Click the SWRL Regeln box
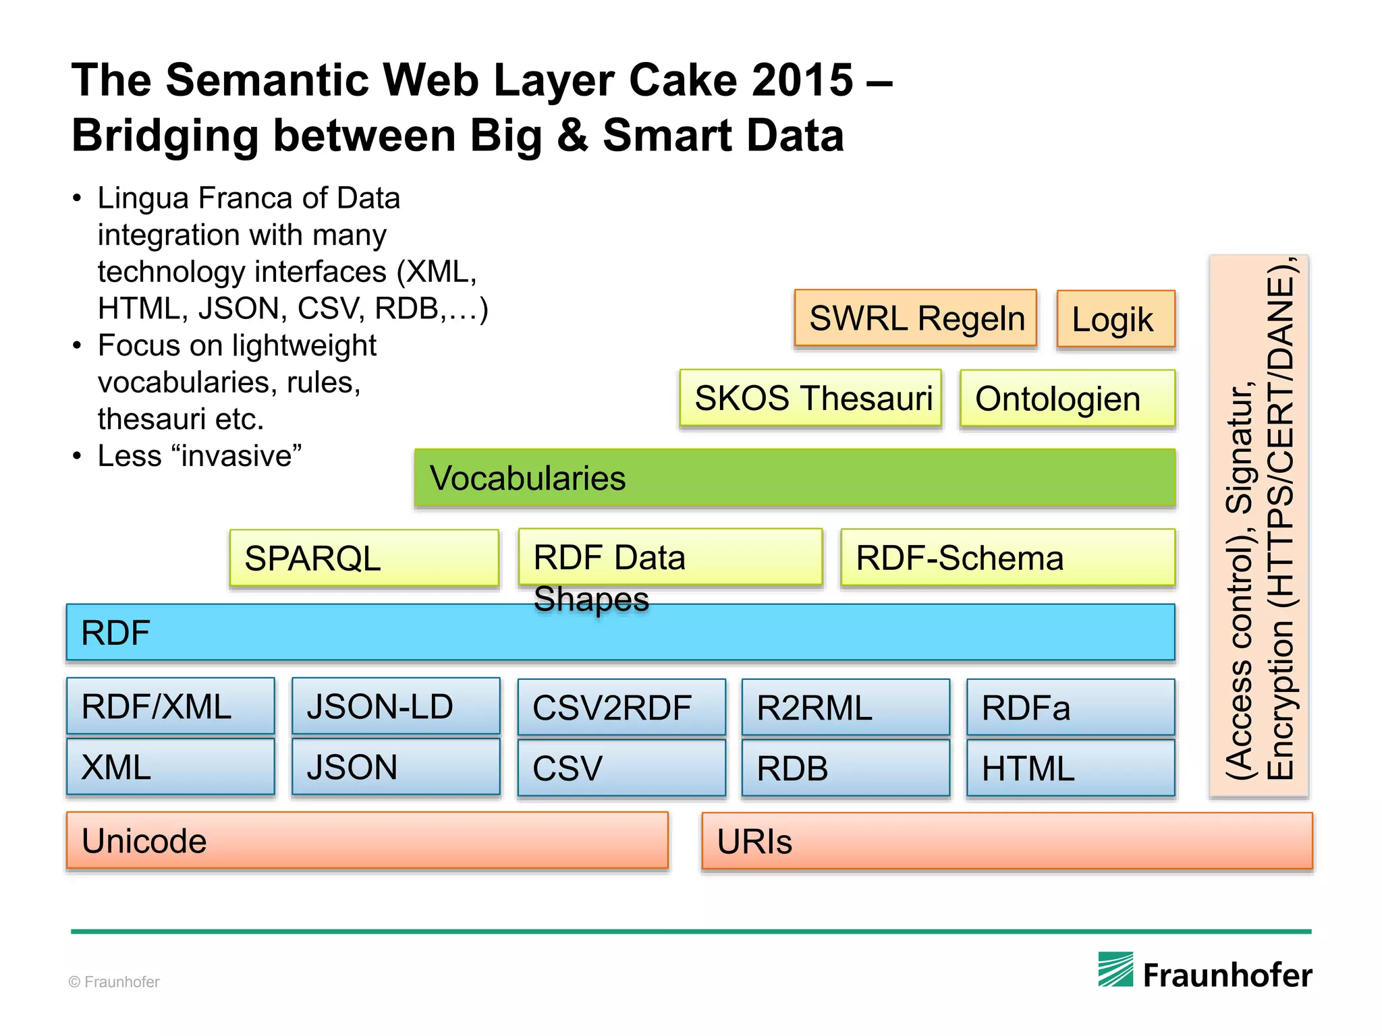(915, 318)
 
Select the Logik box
(1115, 319)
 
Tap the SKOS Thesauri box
(810, 398)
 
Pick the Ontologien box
(1067, 399)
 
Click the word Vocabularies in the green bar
(528, 478)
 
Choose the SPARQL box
(364, 558)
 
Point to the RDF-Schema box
(1007, 558)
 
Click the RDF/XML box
(171, 706)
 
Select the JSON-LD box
(396, 706)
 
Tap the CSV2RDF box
(621, 708)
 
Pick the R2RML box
(846, 708)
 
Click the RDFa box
(1070, 708)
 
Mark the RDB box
(846, 768)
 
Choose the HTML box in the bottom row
(1070, 768)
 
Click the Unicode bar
(367, 841)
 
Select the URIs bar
(1007, 841)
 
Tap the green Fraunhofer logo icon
(1115, 969)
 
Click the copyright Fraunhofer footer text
(114, 982)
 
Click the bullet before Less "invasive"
(77, 457)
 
